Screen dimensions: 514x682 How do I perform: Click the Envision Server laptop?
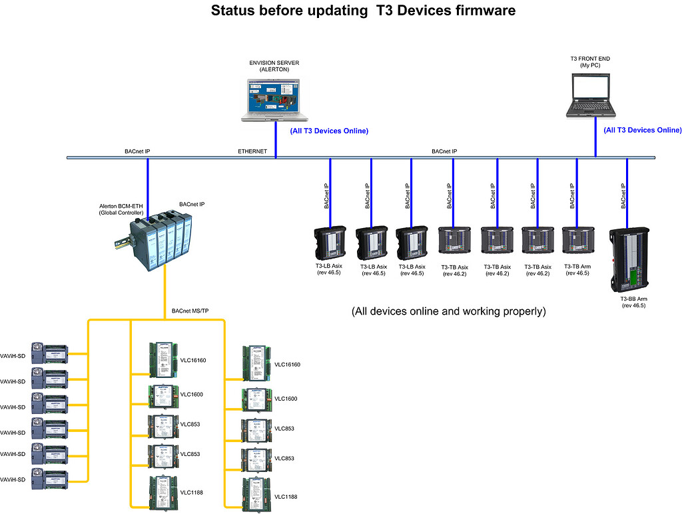click(270, 99)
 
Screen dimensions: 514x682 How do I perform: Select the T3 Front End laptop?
click(590, 95)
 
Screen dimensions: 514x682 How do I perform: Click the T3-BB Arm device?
click(629, 259)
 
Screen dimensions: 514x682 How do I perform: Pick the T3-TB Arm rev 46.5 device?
click(577, 240)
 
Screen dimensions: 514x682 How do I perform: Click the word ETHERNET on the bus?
click(252, 151)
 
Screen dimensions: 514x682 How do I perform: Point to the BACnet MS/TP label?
click(190, 311)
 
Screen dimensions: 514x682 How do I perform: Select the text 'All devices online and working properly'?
click(448, 311)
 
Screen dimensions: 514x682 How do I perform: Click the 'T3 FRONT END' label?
click(590, 59)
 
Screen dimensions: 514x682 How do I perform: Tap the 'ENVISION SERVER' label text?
click(274, 63)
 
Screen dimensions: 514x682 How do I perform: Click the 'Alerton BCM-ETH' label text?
click(121, 206)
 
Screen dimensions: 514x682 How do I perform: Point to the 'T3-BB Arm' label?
click(633, 299)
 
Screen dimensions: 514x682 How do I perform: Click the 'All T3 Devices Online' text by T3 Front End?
click(642, 130)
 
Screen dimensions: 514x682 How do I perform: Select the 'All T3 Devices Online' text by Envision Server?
click(329, 131)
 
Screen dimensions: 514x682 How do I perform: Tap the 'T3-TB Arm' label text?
click(577, 266)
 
